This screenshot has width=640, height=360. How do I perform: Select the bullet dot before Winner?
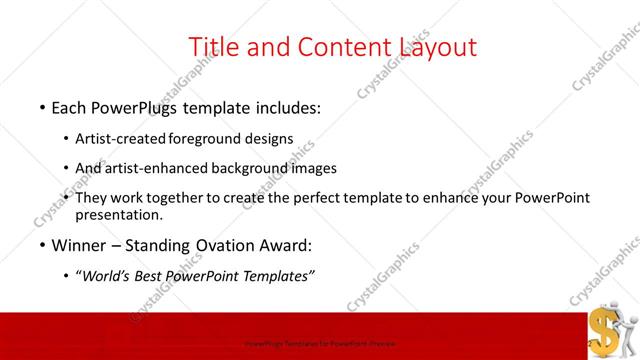click(x=41, y=244)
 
